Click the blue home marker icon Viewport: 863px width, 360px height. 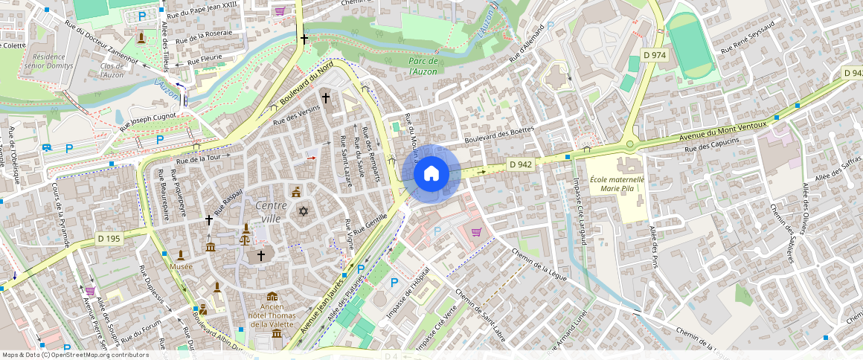431,173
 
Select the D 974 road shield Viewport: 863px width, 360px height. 654,56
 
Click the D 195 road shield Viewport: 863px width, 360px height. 109,239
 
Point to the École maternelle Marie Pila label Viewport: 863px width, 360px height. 617,184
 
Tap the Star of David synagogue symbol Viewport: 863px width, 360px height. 303,212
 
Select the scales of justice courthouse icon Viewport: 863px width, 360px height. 245,239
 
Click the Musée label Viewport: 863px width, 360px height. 180,266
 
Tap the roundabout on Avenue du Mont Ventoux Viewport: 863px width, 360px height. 630,144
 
